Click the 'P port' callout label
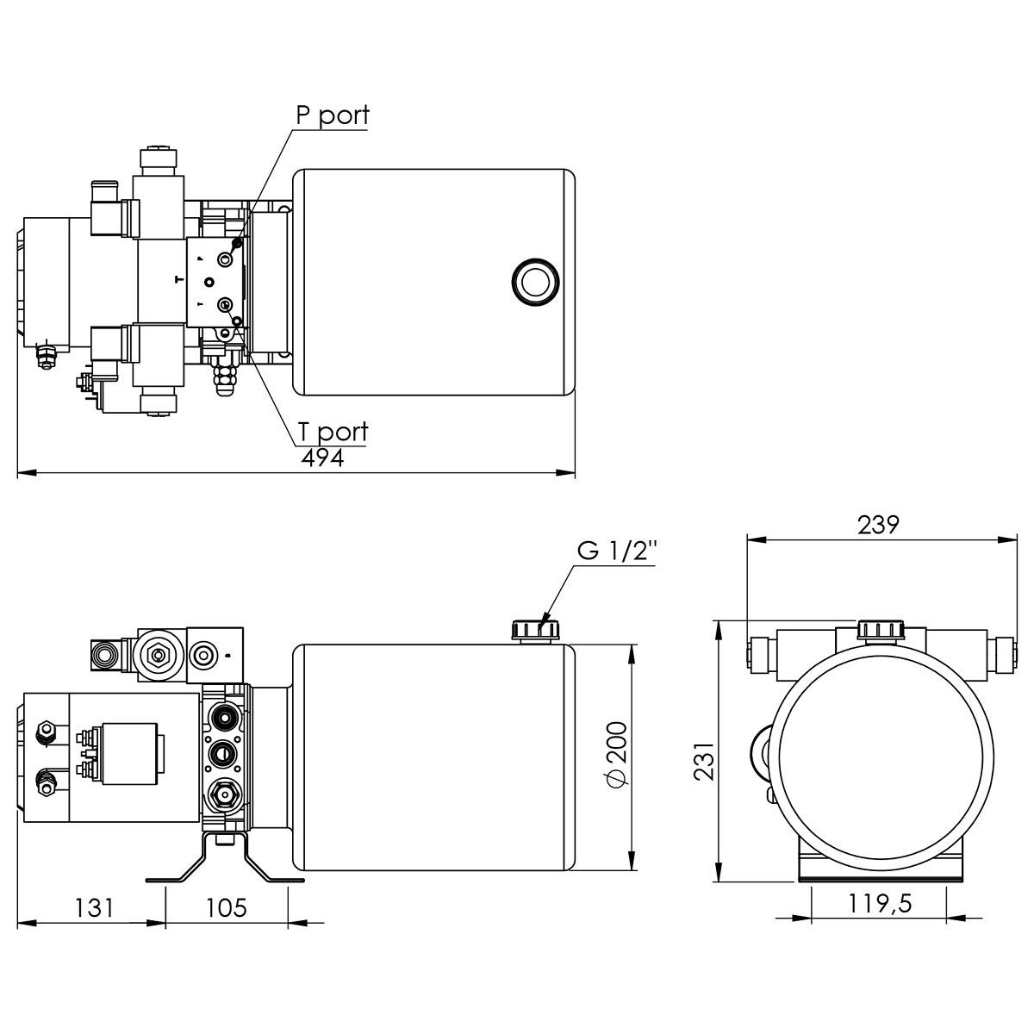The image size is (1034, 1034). (x=333, y=115)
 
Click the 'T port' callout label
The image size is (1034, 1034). (x=333, y=432)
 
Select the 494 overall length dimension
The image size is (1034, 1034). (x=322, y=458)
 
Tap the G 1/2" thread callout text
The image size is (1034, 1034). (x=617, y=551)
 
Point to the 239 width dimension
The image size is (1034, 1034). (x=878, y=525)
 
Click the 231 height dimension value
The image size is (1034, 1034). (x=705, y=761)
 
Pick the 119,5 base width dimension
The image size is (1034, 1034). (x=880, y=904)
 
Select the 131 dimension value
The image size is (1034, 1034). (x=95, y=908)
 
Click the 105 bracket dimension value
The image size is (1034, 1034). (x=227, y=908)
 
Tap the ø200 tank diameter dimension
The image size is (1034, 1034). (x=618, y=756)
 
